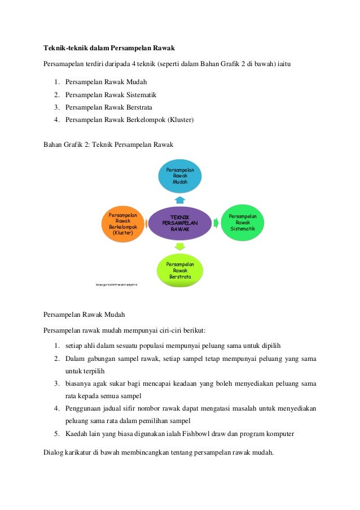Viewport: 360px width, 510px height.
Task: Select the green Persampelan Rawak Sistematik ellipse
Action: point(243,222)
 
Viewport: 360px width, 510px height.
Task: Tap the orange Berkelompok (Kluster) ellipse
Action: point(122,224)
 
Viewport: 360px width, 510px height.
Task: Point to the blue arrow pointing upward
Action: point(179,199)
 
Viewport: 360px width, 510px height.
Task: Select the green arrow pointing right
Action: point(216,223)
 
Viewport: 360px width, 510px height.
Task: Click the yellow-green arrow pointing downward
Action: point(179,247)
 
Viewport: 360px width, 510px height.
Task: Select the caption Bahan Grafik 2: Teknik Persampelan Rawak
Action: point(108,145)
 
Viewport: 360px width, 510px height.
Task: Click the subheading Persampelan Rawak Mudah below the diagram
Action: point(84,314)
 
